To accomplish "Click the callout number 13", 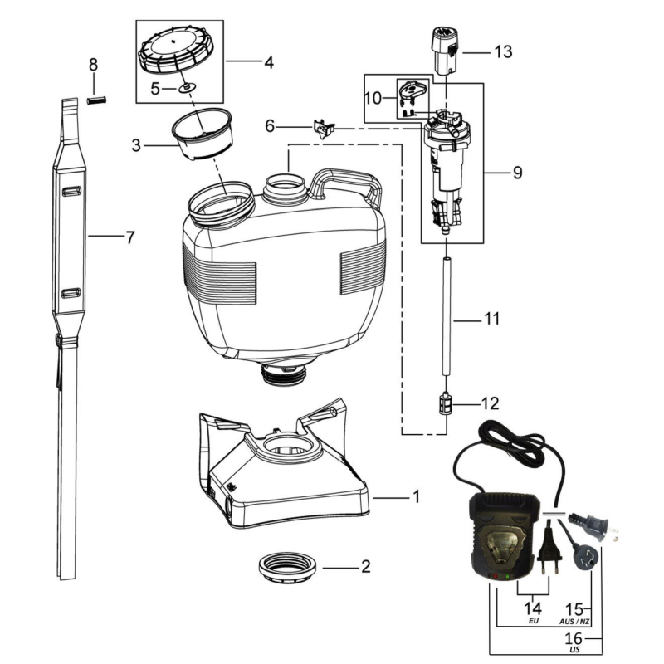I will coord(502,51).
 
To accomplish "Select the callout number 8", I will coord(93,64).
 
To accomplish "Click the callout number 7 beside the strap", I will coord(129,237).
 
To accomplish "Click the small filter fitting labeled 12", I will coord(447,405).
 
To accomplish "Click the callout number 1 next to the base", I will coord(417,497).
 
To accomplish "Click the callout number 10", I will coord(373,98).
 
